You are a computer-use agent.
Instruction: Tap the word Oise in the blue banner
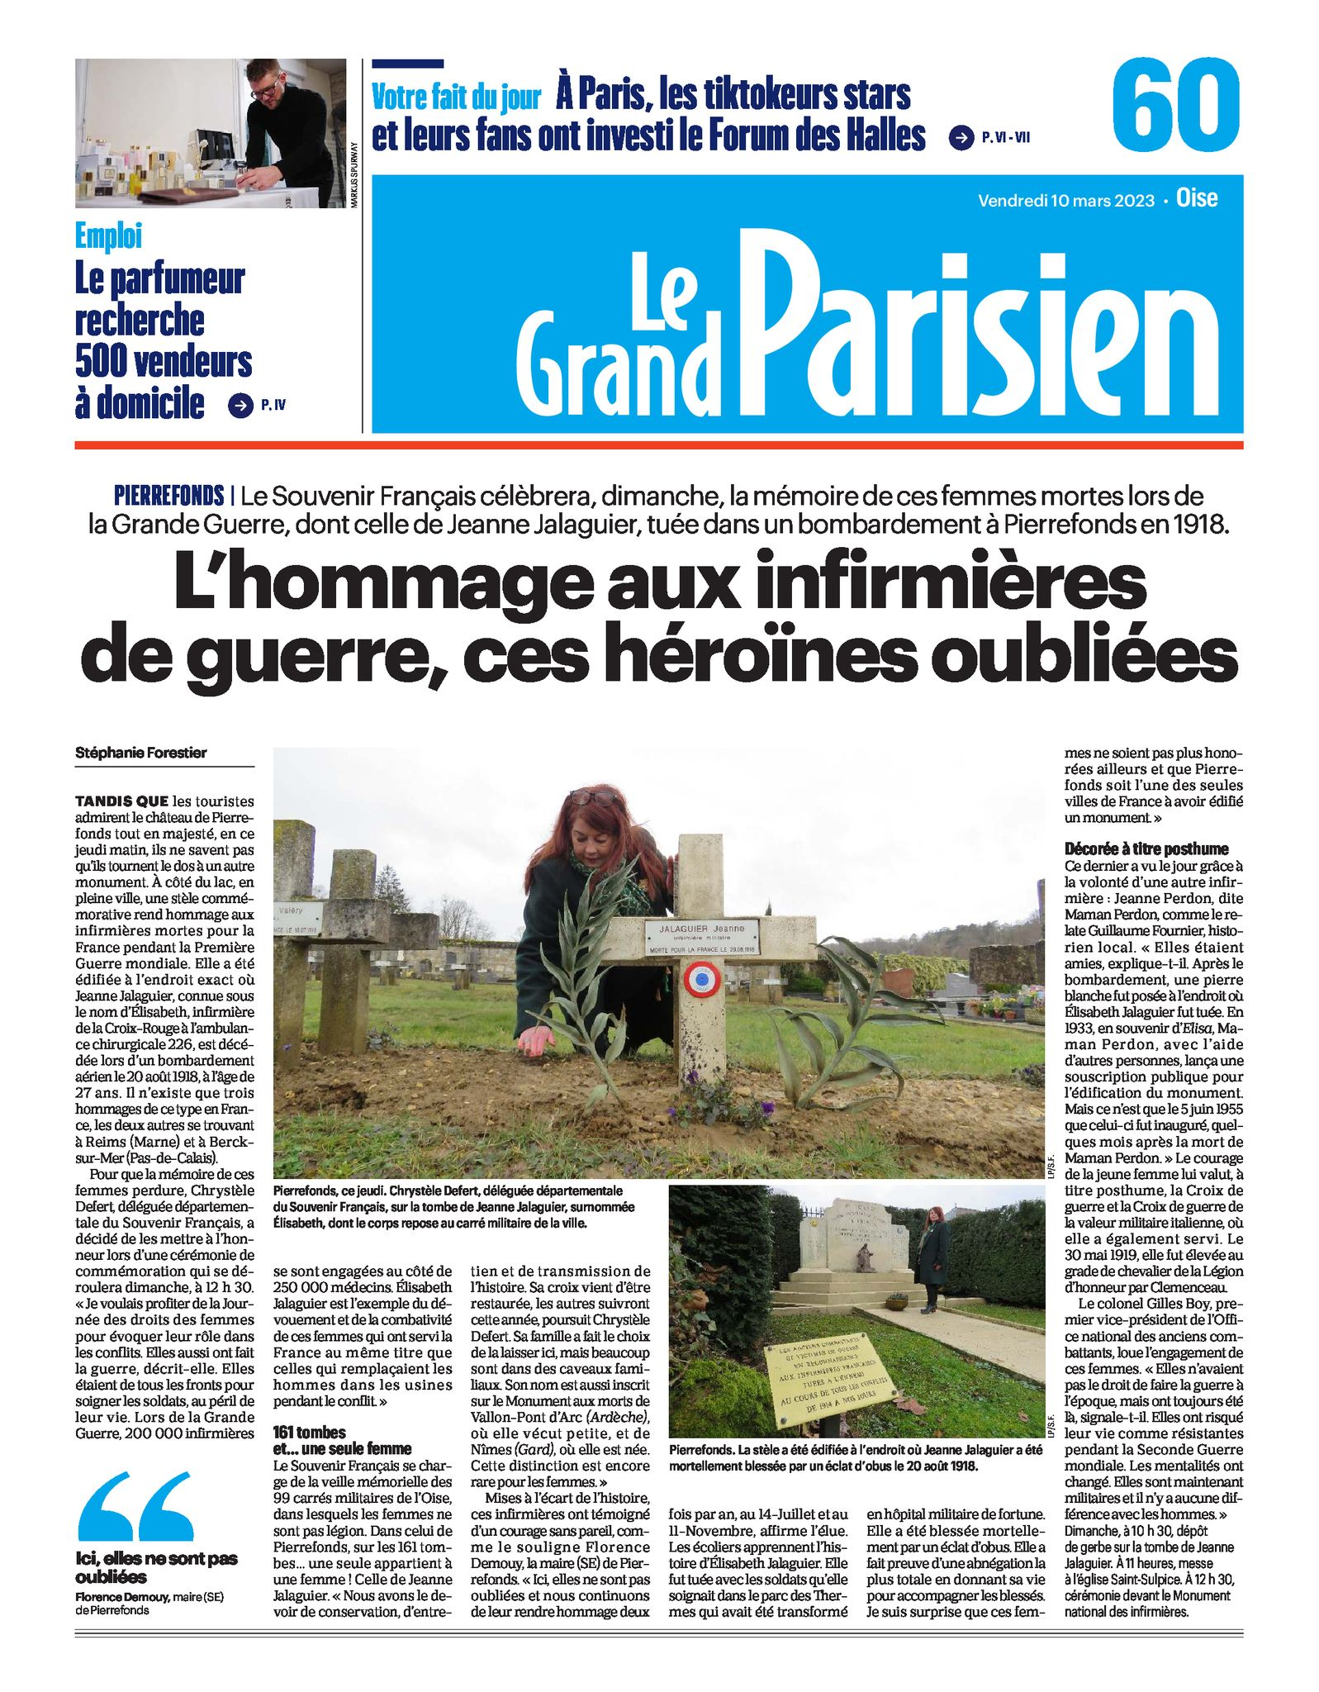[1197, 198]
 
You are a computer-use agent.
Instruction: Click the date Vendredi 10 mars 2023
[1065, 200]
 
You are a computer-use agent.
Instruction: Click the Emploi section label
[108, 236]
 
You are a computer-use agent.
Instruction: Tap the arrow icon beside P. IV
[240, 405]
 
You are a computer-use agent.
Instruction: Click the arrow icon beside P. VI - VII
[961, 138]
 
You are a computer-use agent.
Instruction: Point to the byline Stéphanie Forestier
[141, 753]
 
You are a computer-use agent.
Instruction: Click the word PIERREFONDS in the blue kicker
[169, 496]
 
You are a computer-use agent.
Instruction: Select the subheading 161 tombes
[310, 1433]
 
